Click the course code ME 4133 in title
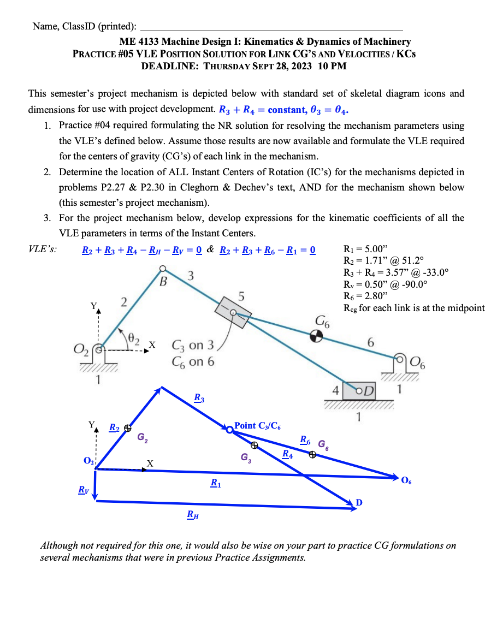click(139, 41)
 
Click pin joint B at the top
click(162, 269)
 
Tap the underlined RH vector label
click(192, 514)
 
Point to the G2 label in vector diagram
click(141, 437)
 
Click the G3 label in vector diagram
click(246, 458)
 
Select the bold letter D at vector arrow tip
click(358, 502)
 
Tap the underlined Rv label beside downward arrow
click(82, 490)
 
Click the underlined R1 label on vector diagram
click(216, 483)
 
